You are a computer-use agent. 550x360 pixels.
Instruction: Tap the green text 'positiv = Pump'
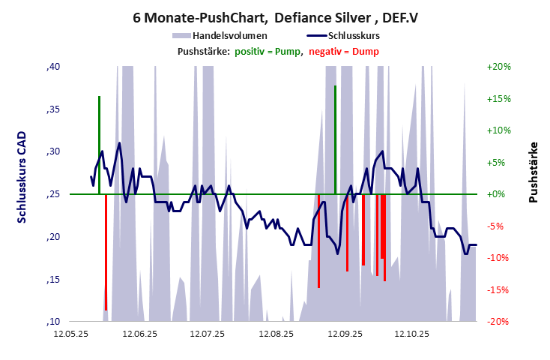click(x=268, y=51)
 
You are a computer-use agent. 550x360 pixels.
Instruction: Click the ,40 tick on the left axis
click(x=52, y=67)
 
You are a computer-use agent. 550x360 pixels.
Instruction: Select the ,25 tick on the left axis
click(x=52, y=194)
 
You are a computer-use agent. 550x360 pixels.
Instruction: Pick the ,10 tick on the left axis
click(x=52, y=322)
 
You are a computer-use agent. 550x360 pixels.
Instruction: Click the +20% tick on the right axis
click(x=498, y=67)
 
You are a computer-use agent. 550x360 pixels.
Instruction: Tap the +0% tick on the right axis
click(x=498, y=194)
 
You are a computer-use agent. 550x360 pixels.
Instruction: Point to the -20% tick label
click(x=498, y=322)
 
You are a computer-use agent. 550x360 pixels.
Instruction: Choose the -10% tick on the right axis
click(x=498, y=258)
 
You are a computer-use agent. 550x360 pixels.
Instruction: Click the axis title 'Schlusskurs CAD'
click(x=22, y=177)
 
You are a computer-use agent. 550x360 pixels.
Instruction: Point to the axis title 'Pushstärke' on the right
click(x=534, y=172)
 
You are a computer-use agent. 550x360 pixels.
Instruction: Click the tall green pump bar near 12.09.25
click(x=335, y=139)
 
